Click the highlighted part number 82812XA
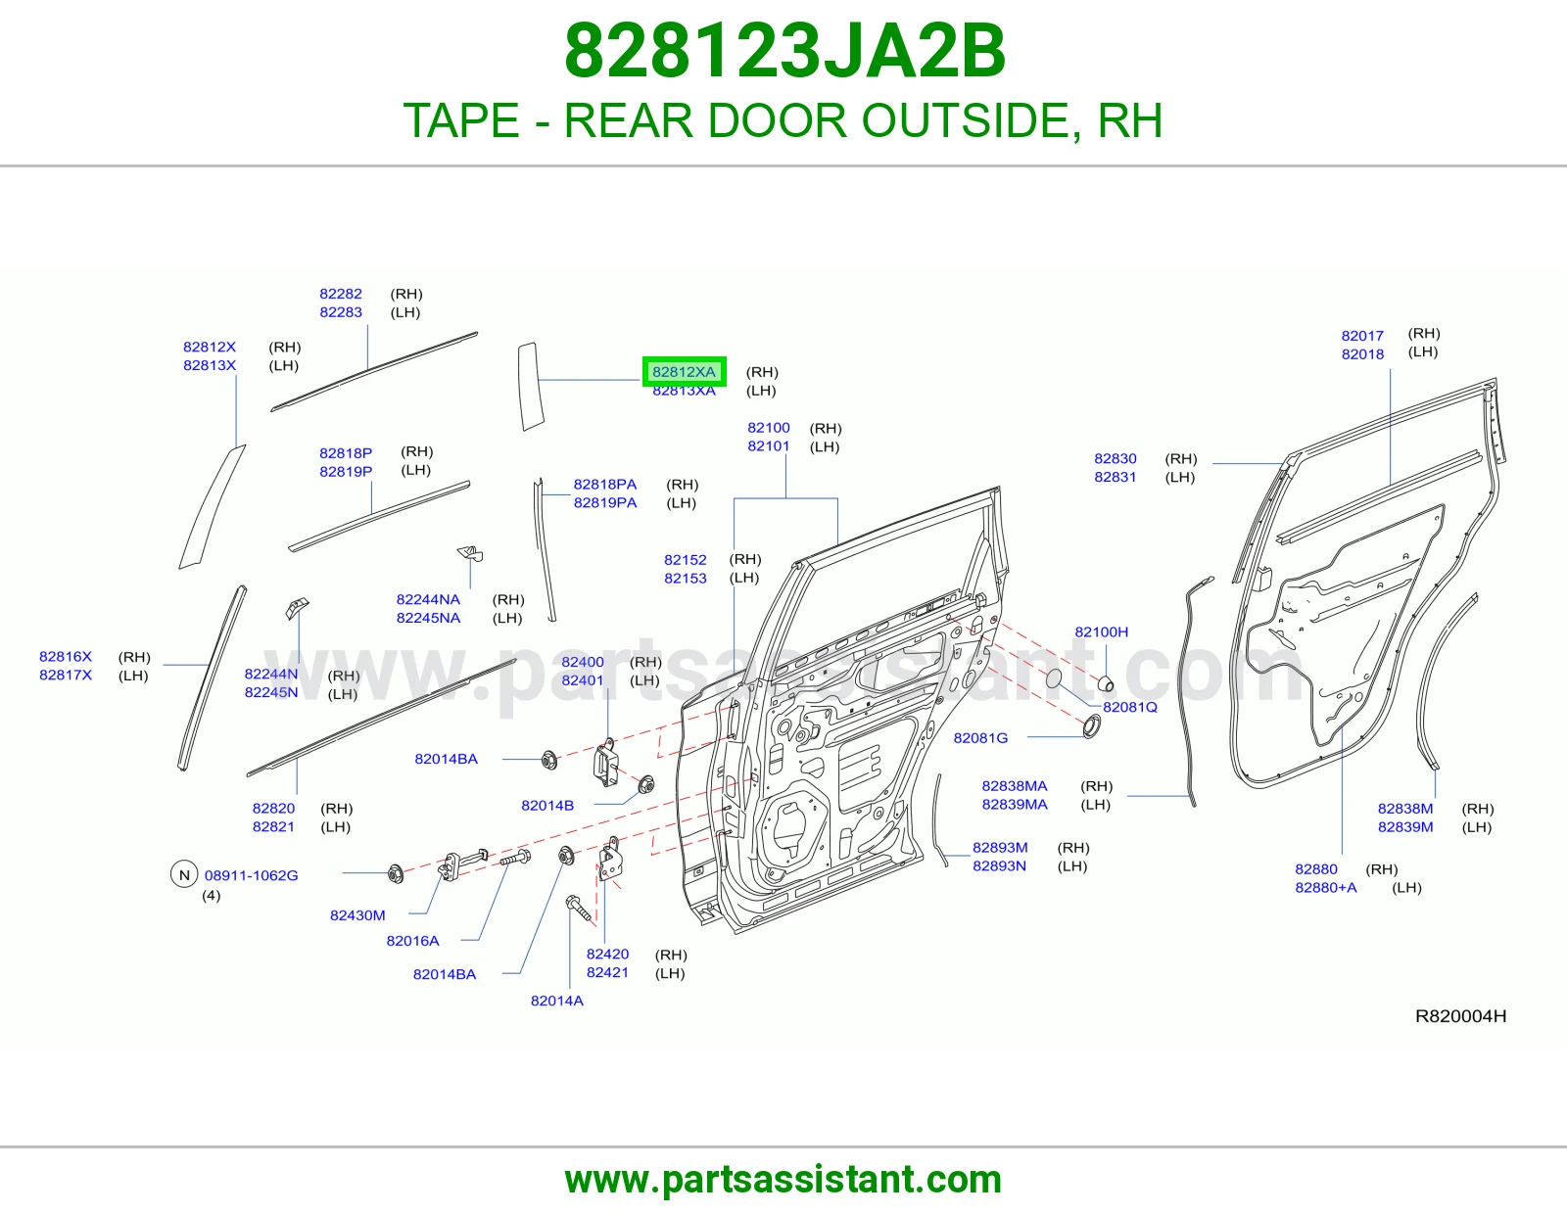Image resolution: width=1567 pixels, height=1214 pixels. (684, 372)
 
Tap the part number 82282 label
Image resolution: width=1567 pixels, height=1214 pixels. (341, 294)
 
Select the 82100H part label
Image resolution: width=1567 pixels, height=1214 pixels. (1101, 631)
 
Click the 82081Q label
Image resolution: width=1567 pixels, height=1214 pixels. (1130, 707)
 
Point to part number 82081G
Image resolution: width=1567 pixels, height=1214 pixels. (980, 737)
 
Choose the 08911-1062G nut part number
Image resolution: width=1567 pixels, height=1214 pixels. (251, 875)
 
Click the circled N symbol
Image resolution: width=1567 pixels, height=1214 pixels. (184, 874)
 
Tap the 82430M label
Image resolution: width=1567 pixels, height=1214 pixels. (357, 914)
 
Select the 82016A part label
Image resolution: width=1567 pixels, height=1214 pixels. (412, 940)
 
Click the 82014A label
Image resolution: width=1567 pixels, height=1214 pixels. (556, 1000)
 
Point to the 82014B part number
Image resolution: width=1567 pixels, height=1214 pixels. (547, 805)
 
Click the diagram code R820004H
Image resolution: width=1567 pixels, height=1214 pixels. (1460, 1016)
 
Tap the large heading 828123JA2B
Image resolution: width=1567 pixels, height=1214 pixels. (784, 51)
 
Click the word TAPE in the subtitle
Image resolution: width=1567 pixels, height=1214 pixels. (461, 120)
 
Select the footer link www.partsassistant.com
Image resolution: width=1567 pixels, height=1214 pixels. (783, 1180)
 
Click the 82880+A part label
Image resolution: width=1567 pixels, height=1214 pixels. (1325, 887)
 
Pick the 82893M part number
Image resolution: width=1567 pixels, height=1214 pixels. (1000, 847)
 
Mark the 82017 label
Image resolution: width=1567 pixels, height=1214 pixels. (1362, 335)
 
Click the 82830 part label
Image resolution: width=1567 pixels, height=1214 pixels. (1115, 458)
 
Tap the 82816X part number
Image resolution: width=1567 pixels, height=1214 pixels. (66, 656)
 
